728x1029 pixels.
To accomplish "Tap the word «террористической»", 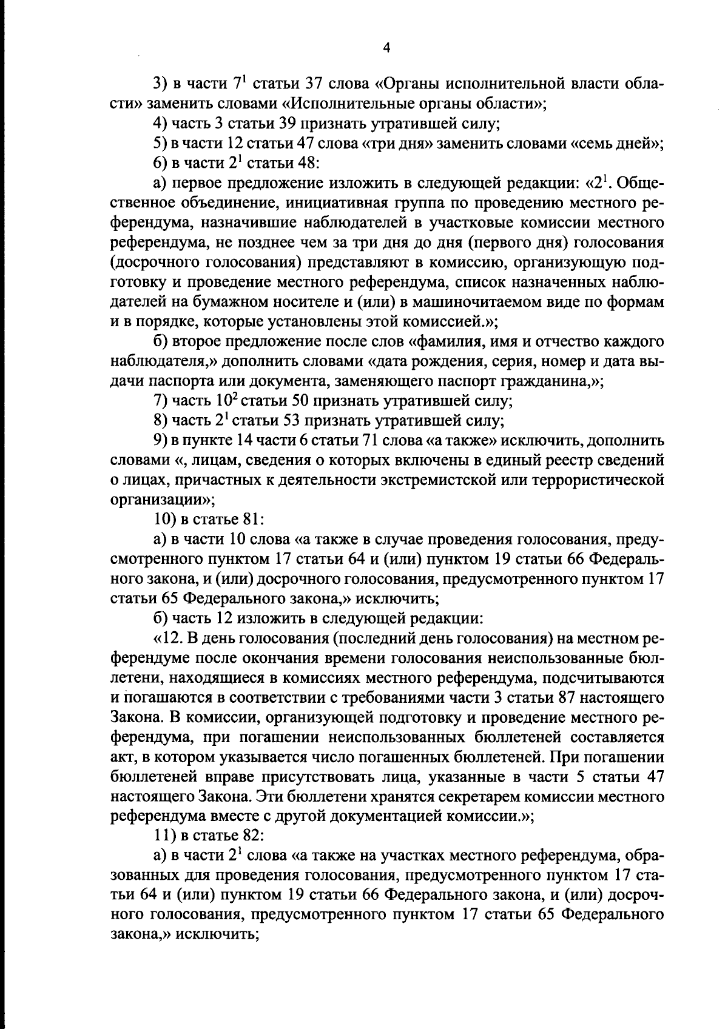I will click(x=596, y=480).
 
